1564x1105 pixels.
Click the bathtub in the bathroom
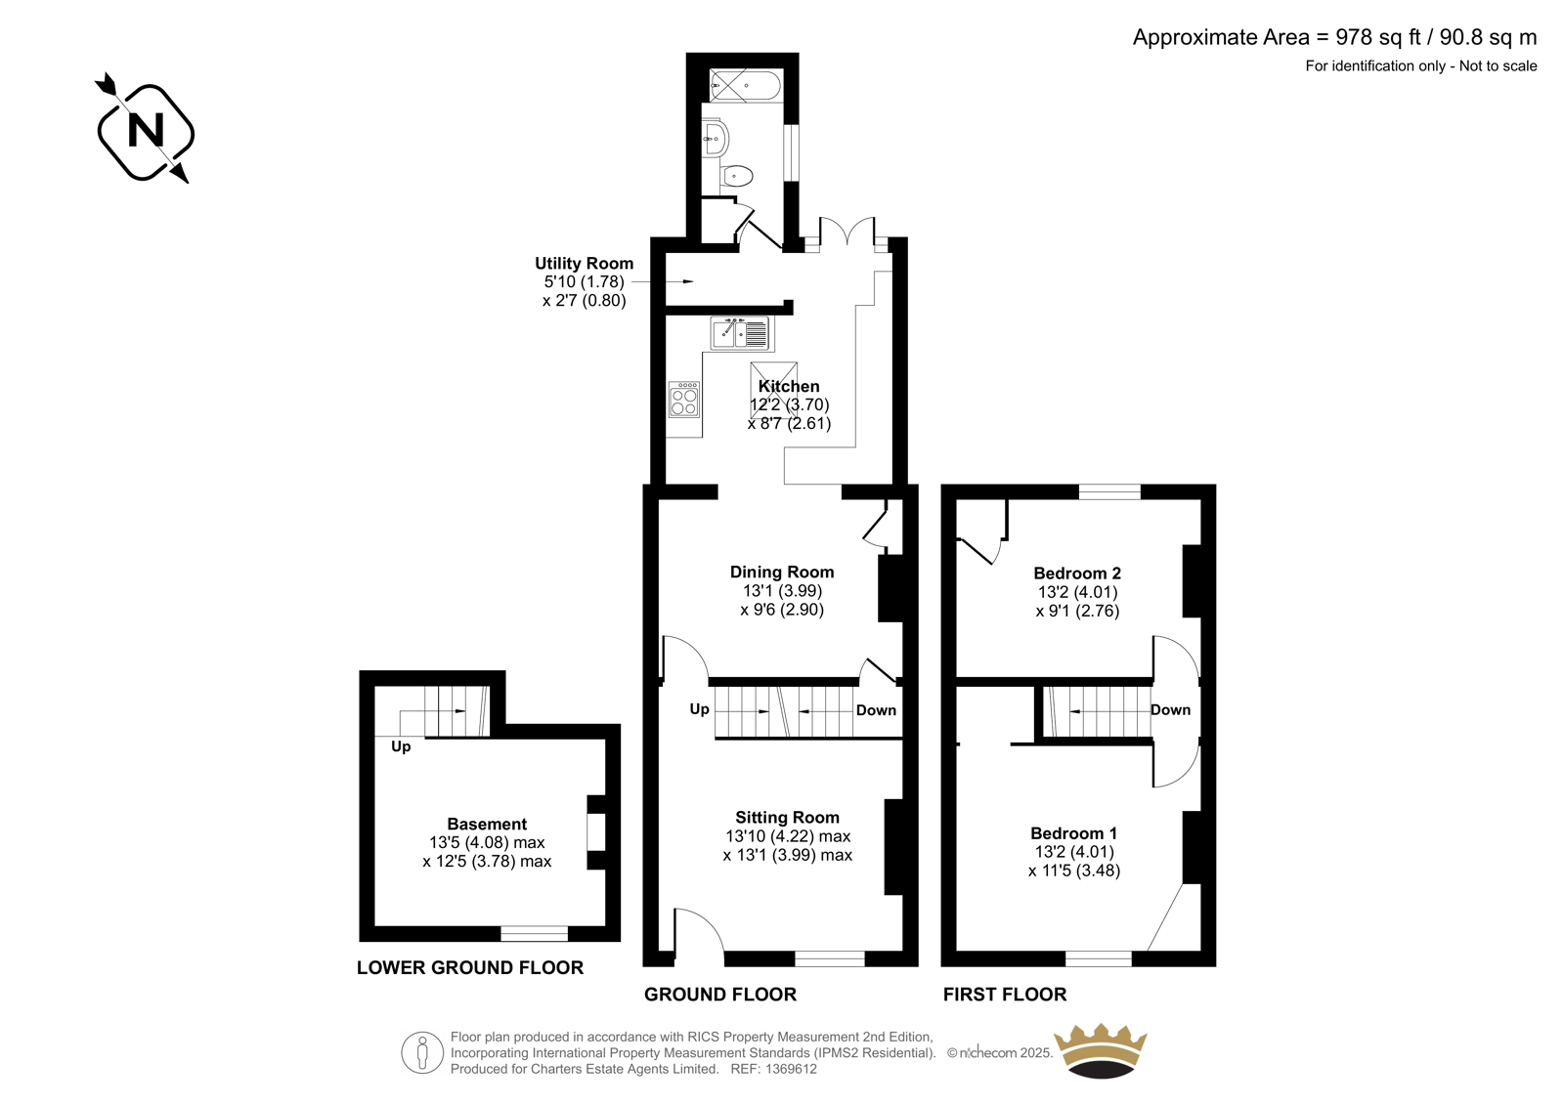744,86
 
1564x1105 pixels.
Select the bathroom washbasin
716,139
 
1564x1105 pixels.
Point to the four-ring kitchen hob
683,400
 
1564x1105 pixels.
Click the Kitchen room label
789,386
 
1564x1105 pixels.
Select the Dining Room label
782,572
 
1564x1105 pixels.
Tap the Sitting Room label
787,817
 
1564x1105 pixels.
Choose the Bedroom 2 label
1077,574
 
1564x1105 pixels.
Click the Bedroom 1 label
1074,832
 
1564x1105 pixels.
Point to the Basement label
487,824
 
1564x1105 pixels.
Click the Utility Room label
584,263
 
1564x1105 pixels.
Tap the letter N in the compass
146,130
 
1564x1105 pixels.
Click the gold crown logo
1101,1050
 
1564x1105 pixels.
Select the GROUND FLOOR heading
719,994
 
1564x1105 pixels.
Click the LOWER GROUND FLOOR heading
470,967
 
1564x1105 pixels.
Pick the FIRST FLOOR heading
1005,994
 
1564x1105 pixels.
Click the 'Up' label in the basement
401,746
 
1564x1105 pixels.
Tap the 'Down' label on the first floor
1170,710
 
